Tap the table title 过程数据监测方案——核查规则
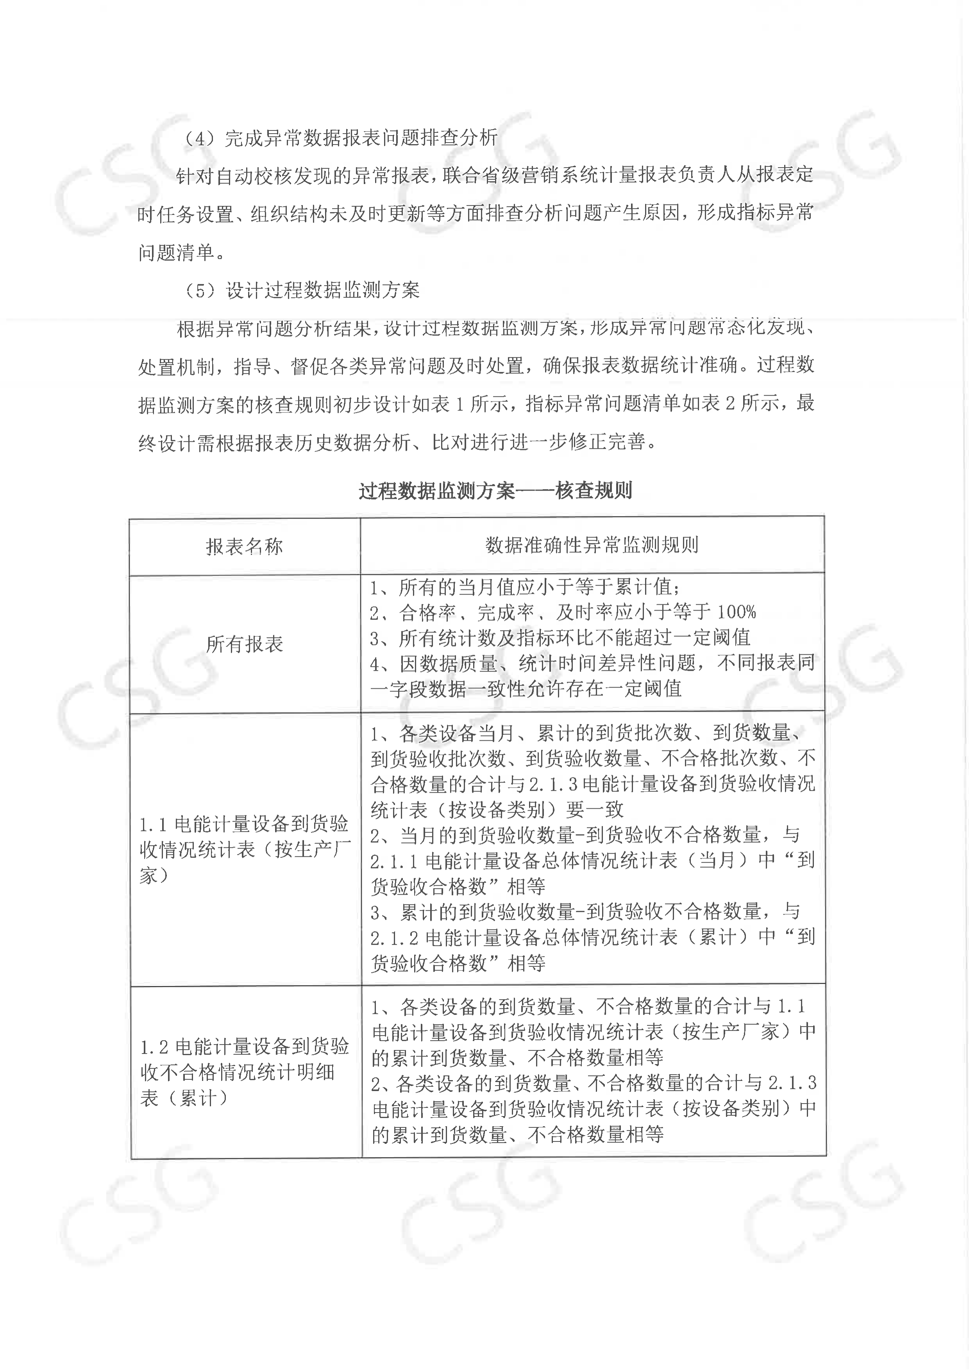click(495, 491)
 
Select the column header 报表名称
click(244, 547)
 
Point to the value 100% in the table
click(736, 612)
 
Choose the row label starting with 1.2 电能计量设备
click(244, 1072)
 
